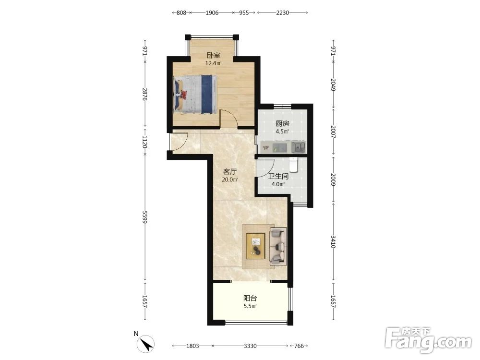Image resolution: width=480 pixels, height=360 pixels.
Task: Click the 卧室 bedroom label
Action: pyautogui.click(x=214, y=55)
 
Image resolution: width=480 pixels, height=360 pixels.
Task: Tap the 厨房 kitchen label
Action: pyautogui.click(x=282, y=124)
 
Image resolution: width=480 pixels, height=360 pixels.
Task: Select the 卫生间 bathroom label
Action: pyautogui.click(x=278, y=176)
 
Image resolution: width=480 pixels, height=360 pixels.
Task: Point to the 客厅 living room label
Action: pyautogui.click(x=230, y=171)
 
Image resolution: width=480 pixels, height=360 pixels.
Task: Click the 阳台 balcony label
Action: pyautogui.click(x=250, y=298)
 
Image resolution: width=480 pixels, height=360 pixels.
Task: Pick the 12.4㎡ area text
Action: pyautogui.click(x=214, y=63)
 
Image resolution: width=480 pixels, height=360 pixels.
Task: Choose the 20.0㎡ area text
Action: pyautogui.click(x=230, y=180)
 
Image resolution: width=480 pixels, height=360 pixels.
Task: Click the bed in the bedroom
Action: pyautogui.click(x=195, y=94)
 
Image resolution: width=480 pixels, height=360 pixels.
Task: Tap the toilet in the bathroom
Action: pyautogui.click(x=294, y=165)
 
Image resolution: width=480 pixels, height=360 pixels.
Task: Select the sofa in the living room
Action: pyautogui.click(x=277, y=246)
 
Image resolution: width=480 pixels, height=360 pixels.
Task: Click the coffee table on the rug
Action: pyautogui.click(x=256, y=246)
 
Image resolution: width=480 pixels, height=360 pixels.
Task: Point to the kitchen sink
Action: pyautogui.click(x=299, y=147)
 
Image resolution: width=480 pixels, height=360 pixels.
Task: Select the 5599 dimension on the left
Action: pyautogui.click(x=145, y=217)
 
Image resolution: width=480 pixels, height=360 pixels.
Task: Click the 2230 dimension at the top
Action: pyautogui.click(x=282, y=13)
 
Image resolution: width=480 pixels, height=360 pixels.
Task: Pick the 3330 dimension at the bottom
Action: pyautogui.click(x=250, y=346)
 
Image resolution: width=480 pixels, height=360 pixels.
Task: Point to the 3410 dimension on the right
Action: pyautogui.click(x=334, y=241)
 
